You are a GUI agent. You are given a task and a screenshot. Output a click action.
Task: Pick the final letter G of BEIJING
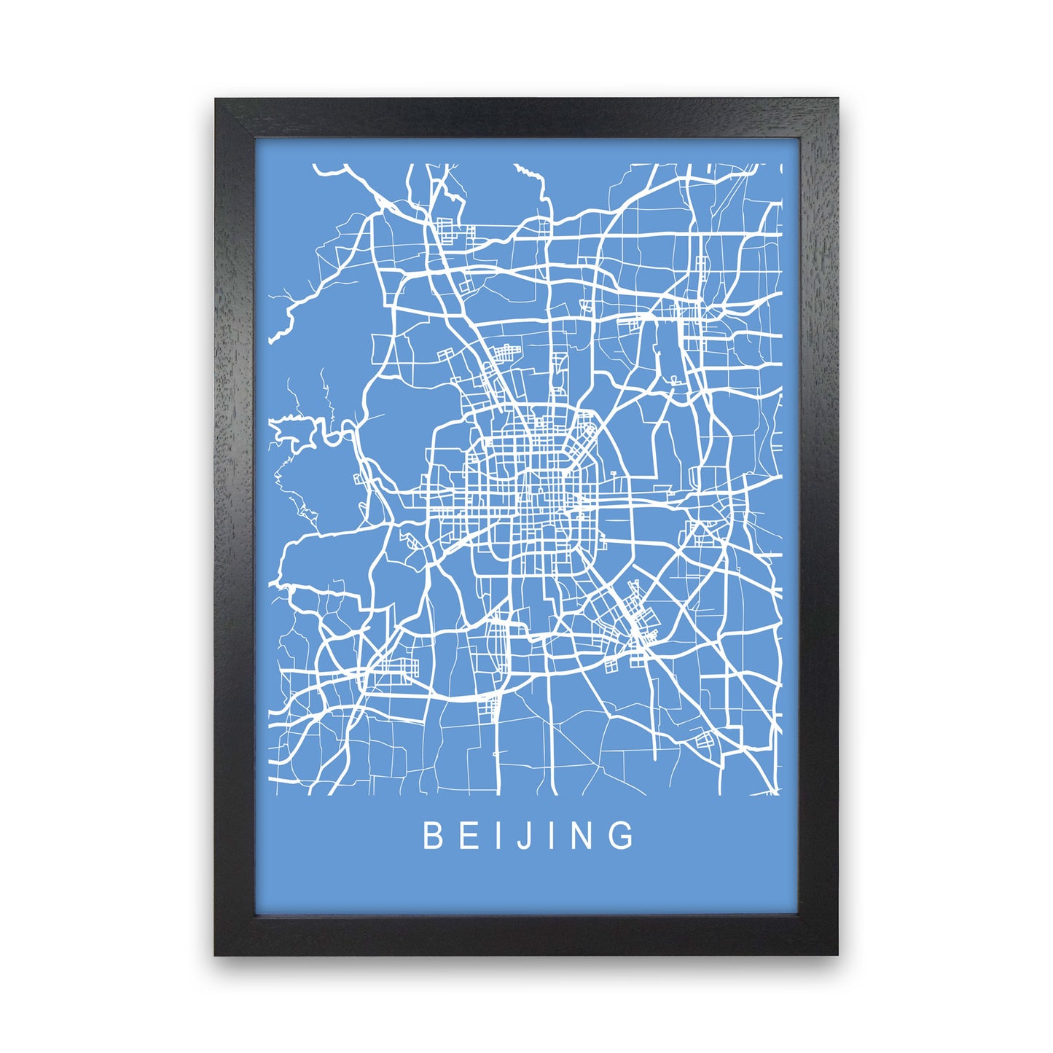click(x=624, y=836)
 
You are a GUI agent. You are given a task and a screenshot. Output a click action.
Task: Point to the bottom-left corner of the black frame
click(x=216, y=952)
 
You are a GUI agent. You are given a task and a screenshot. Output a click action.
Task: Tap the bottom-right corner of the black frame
click(x=836, y=952)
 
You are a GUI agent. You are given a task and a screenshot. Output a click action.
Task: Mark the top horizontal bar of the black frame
click(x=526, y=118)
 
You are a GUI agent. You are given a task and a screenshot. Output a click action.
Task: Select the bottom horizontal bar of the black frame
click(x=526, y=934)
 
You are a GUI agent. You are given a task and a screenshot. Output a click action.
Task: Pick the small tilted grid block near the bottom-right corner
click(x=705, y=742)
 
